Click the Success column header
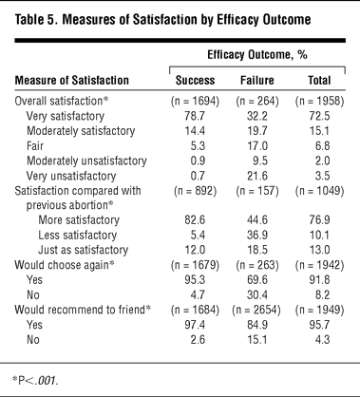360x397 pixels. click(x=195, y=81)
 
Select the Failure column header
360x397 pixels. click(x=257, y=81)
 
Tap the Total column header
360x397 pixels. click(x=319, y=81)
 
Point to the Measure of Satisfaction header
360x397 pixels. click(x=72, y=81)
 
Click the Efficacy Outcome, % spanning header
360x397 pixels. click(x=257, y=55)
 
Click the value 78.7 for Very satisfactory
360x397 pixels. click(x=195, y=116)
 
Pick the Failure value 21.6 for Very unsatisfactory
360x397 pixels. click(x=257, y=176)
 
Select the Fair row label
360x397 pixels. click(x=35, y=146)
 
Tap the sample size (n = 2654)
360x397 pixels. click(x=256, y=310)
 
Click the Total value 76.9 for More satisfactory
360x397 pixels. click(x=319, y=220)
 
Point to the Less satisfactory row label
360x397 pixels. click(x=78, y=236)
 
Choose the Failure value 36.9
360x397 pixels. click(x=257, y=236)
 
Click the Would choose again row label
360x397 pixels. click(x=65, y=265)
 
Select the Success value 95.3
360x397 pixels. click(x=195, y=280)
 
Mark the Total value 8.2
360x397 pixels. click(x=323, y=295)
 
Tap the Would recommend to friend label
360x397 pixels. click(x=83, y=310)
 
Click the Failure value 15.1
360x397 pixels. click(x=256, y=340)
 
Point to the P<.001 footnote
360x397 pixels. click(x=35, y=380)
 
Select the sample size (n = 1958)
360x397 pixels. click(x=319, y=102)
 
